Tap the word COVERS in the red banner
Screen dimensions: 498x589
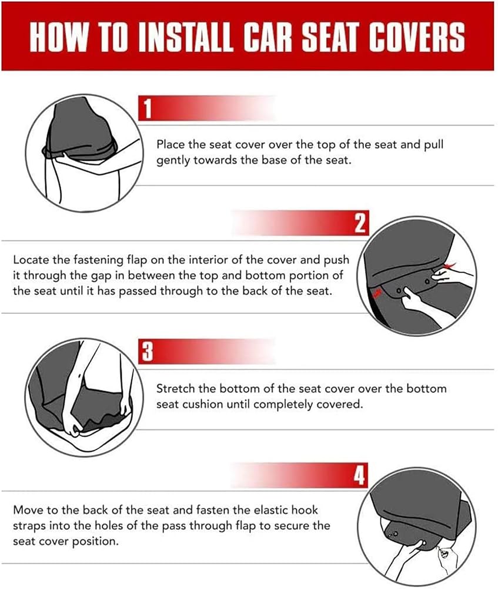click(x=416, y=37)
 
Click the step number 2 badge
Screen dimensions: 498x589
click(x=360, y=223)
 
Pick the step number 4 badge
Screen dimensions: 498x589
click(x=359, y=475)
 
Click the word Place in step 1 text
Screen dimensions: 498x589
click(x=171, y=144)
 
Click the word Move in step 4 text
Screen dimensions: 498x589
click(x=28, y=510)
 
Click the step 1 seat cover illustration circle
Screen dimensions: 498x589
click(x=85, y=153)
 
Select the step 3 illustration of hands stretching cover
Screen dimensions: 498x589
click(x=85, y=398)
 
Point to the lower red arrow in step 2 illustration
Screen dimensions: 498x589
click(x=377, y=292)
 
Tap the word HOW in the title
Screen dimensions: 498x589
click(x=58, y=37)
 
